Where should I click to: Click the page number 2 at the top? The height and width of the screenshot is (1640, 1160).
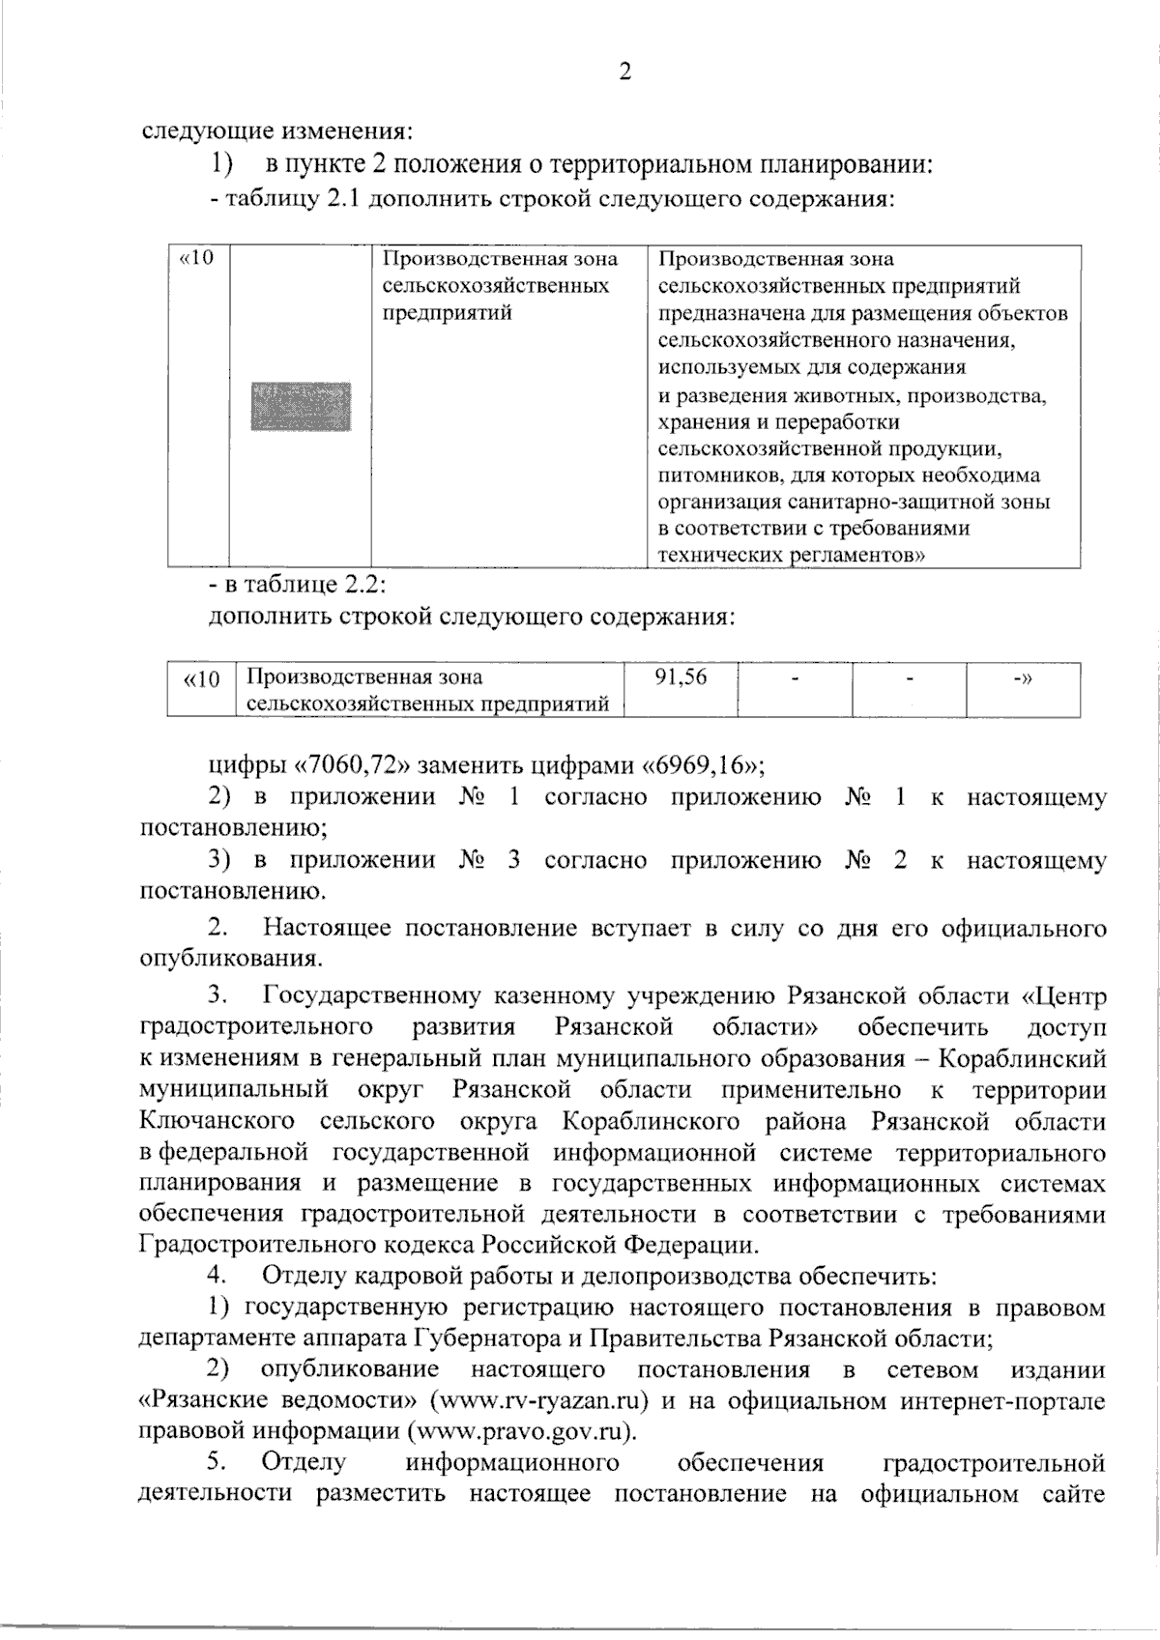624,72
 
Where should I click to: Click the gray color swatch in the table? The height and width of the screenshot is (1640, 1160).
301,406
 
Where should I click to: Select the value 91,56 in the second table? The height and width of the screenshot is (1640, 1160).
681,677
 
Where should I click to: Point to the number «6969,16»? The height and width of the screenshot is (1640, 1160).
702,766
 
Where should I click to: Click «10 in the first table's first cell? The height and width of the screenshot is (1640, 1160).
196,259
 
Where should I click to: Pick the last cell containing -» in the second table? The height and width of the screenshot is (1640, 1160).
1022,677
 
